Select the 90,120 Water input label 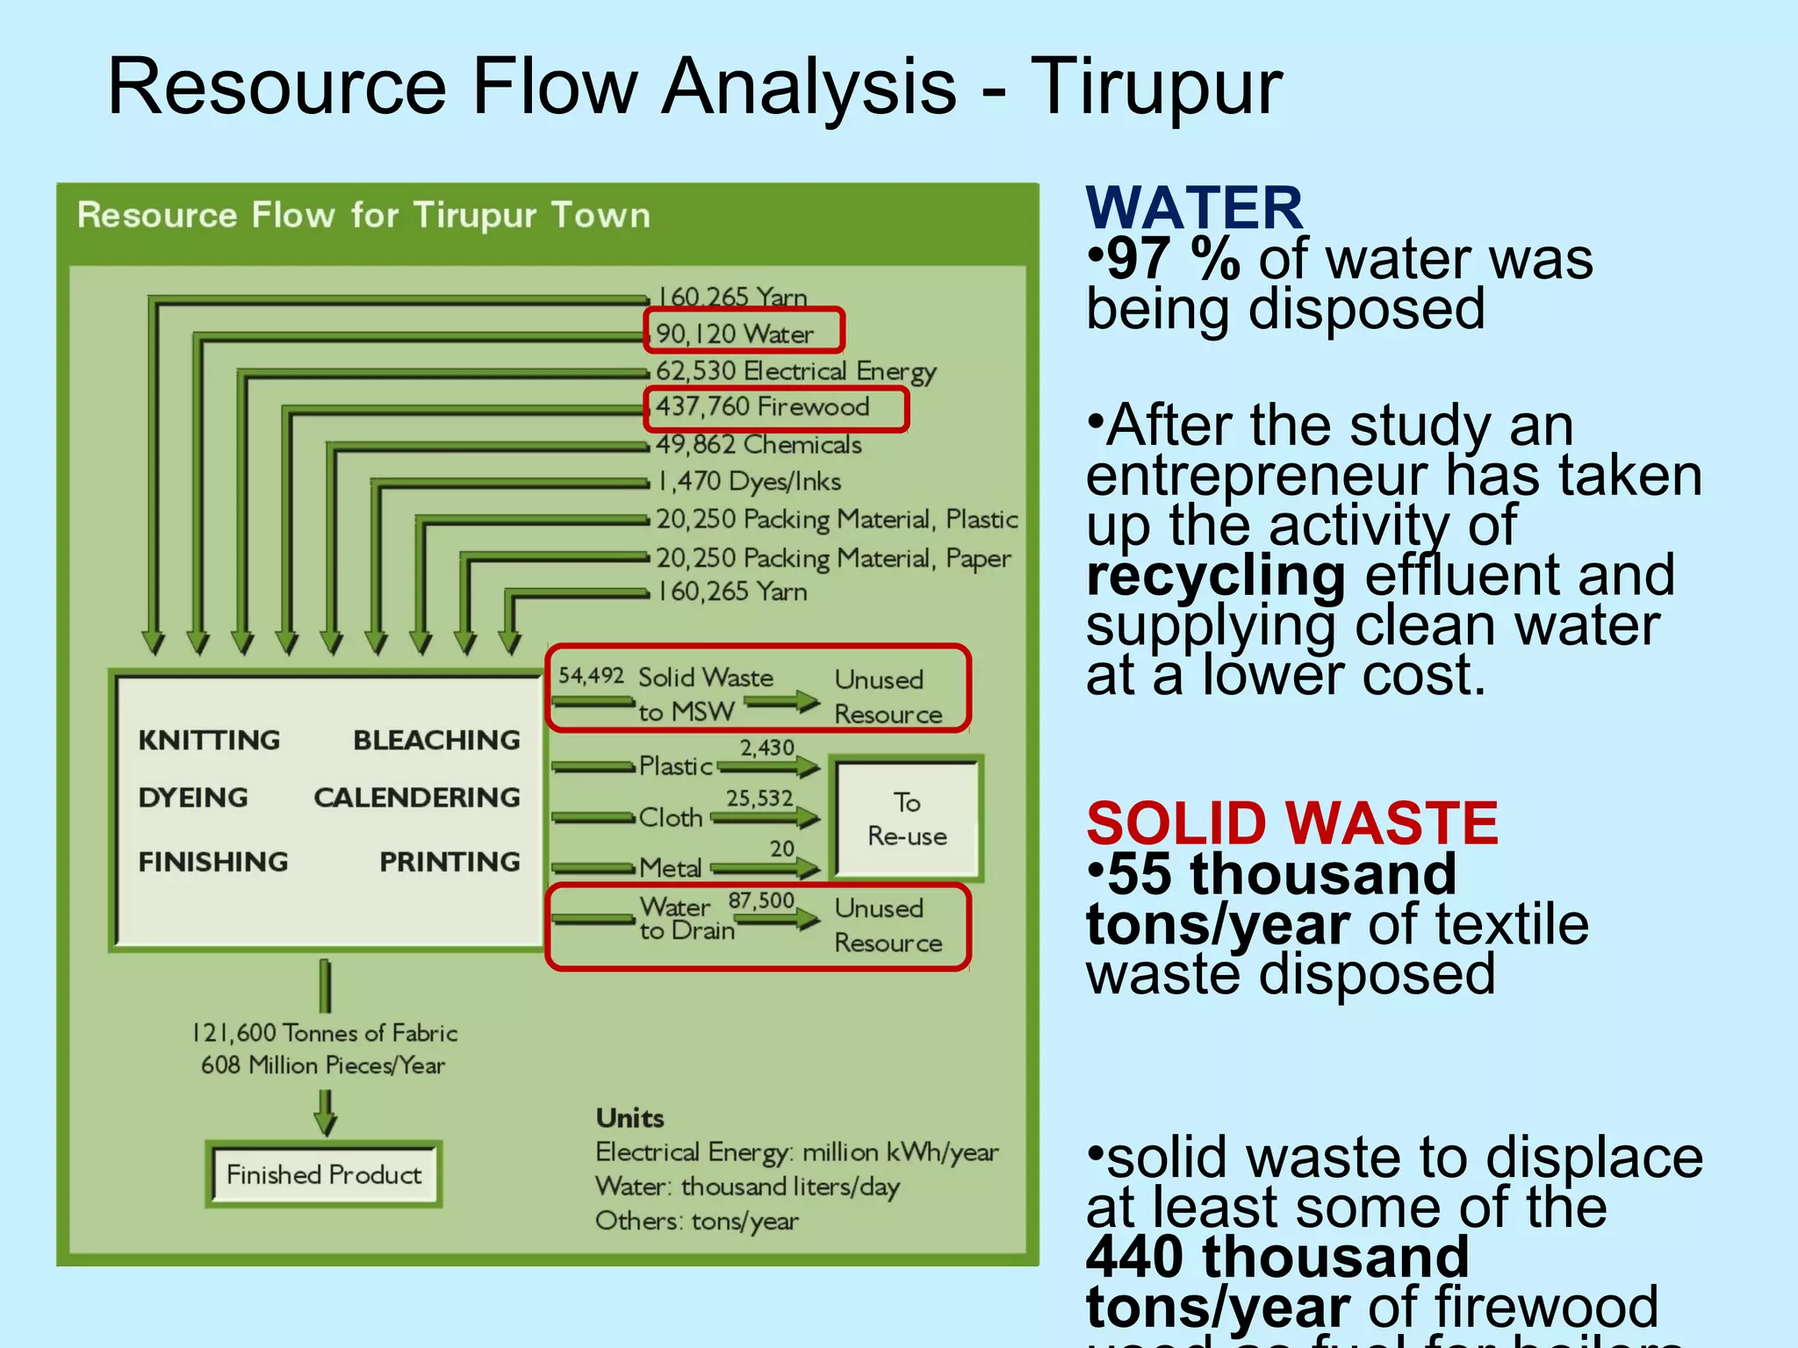pos(736,334)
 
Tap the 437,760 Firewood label pos(763,407)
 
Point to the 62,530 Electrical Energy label pos(795,371)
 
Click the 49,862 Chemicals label pos(759,445)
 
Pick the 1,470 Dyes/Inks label pos(749,482)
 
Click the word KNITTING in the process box pos(209,740)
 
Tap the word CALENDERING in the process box pos(417,797)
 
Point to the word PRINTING pos(449,862)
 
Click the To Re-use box pos(907,819)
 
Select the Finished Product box pos(324,1174)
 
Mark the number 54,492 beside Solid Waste pos(591,676)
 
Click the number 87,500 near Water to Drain pos(761,901)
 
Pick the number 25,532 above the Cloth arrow pos(759,799)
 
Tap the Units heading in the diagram pos(629,1118)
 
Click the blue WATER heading pos(1194,209)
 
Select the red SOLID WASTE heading pos(1291,823)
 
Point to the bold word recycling pos(1215,576)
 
